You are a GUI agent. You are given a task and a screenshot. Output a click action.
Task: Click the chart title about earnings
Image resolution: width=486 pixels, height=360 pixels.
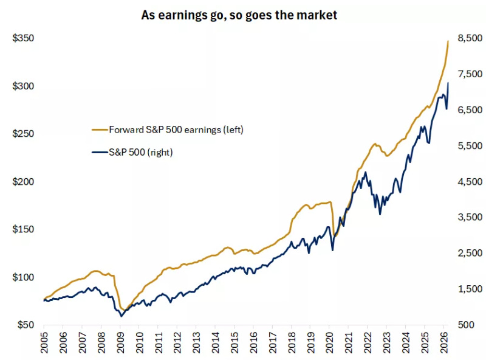239,15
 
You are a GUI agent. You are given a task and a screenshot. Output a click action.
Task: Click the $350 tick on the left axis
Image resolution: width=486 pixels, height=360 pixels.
23,38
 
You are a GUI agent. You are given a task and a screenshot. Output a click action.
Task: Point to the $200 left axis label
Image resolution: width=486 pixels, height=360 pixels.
23,182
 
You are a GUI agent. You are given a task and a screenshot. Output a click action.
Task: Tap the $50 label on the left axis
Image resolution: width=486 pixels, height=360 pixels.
26,325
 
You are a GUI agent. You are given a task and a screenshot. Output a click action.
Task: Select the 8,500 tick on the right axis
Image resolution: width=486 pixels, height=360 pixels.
470,38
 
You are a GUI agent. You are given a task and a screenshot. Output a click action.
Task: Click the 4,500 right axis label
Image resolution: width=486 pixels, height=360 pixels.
470,182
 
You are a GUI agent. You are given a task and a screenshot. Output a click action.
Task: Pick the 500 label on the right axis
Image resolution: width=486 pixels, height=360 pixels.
466,325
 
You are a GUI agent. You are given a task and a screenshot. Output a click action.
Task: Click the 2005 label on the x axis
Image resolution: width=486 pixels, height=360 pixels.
44,342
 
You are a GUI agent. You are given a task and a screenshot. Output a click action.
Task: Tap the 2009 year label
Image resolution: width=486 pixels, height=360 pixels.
120,342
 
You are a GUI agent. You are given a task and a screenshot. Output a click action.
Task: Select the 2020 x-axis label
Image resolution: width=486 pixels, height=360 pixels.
330,342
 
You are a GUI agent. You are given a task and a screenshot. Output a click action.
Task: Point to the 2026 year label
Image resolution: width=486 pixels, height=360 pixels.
444,342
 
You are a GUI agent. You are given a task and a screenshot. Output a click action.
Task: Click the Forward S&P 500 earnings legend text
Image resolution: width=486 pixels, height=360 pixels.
176,130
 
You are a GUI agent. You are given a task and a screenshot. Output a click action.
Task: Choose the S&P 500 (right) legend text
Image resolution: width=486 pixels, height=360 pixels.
141,152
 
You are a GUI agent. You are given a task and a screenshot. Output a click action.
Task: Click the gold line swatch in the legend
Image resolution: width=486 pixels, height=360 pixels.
100,130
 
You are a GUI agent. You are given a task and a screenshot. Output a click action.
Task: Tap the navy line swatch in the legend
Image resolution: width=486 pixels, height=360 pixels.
100,152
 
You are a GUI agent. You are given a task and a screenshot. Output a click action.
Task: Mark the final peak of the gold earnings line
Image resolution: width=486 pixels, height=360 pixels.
448,41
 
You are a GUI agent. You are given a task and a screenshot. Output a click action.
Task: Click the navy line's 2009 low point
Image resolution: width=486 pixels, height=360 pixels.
121,316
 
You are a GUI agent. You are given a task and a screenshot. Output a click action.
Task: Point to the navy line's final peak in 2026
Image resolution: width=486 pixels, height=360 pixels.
448,83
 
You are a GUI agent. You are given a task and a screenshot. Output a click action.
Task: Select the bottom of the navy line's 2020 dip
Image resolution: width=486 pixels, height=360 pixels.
332,250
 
